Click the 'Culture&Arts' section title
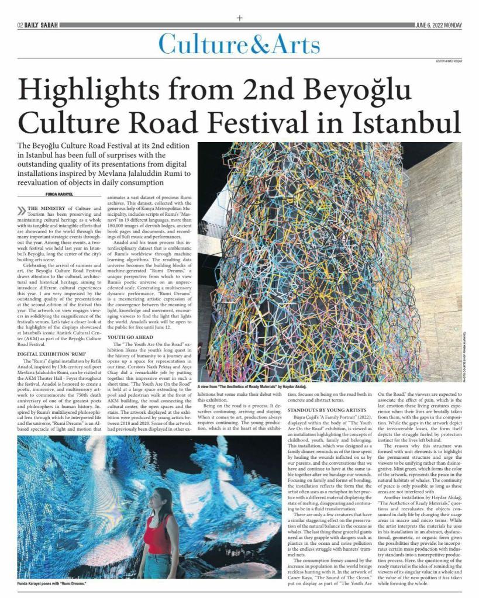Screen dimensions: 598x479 click(239, 44)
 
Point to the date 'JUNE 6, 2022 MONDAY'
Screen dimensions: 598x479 click(438, 25)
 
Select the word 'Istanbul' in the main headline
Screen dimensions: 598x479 click(391, 122)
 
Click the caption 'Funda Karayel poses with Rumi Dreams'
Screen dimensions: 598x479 click(52, 584)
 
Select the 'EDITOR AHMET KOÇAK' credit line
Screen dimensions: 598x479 click(449, 61)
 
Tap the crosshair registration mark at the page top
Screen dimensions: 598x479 click(239, 18)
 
